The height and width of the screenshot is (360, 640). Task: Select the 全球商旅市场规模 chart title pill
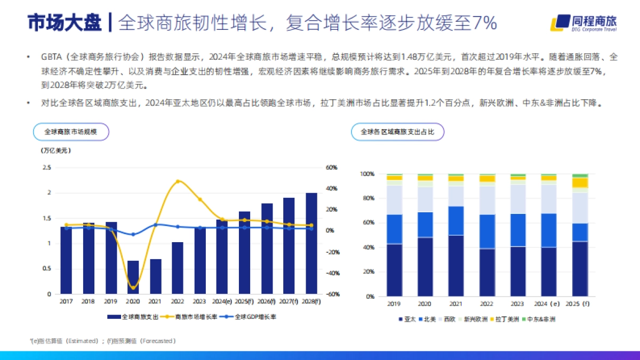(70, 131)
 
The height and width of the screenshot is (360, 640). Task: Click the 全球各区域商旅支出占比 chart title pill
(397, 131)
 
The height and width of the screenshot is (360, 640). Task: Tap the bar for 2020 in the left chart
(133, 277)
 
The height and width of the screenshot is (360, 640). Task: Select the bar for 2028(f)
(311, 243)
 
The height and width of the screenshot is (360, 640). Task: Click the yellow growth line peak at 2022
(178, 181)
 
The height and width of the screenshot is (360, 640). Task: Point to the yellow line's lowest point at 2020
(133, 288)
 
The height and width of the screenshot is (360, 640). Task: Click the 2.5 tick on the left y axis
(46, 167)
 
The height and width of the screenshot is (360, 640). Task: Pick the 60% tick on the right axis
(331, 167)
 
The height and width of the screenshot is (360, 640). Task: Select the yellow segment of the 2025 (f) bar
(580, 182)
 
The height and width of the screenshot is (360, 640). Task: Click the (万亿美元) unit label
(56, 151)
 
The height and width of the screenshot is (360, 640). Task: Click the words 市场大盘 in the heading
(64, 22)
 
